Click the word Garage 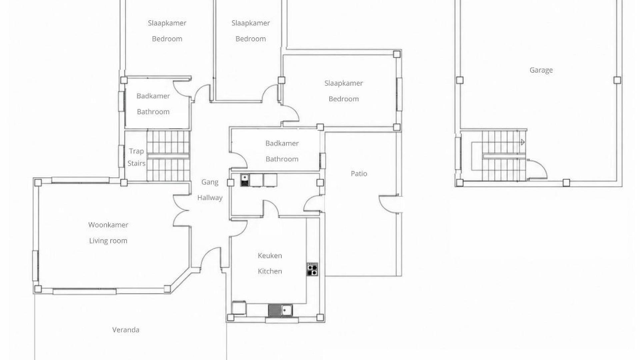point(541,70)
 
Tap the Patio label point(359,174)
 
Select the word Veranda point(126,330)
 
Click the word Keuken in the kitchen point(270,256)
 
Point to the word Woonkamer point(108,225)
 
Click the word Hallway point(210,198)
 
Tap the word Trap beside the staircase point(136,151)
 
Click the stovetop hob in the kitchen point(312,269)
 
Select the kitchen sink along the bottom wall point(280,310)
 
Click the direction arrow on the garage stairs point(523,142)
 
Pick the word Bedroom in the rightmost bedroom point(344,99)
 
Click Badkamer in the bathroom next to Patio point(282,143)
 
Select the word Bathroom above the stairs point(153,112)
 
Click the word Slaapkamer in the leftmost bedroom point(167,23)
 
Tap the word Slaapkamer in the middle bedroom point(251,23)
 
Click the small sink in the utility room point(245,180)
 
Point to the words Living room point(108,241)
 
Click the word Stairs point(136,164)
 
